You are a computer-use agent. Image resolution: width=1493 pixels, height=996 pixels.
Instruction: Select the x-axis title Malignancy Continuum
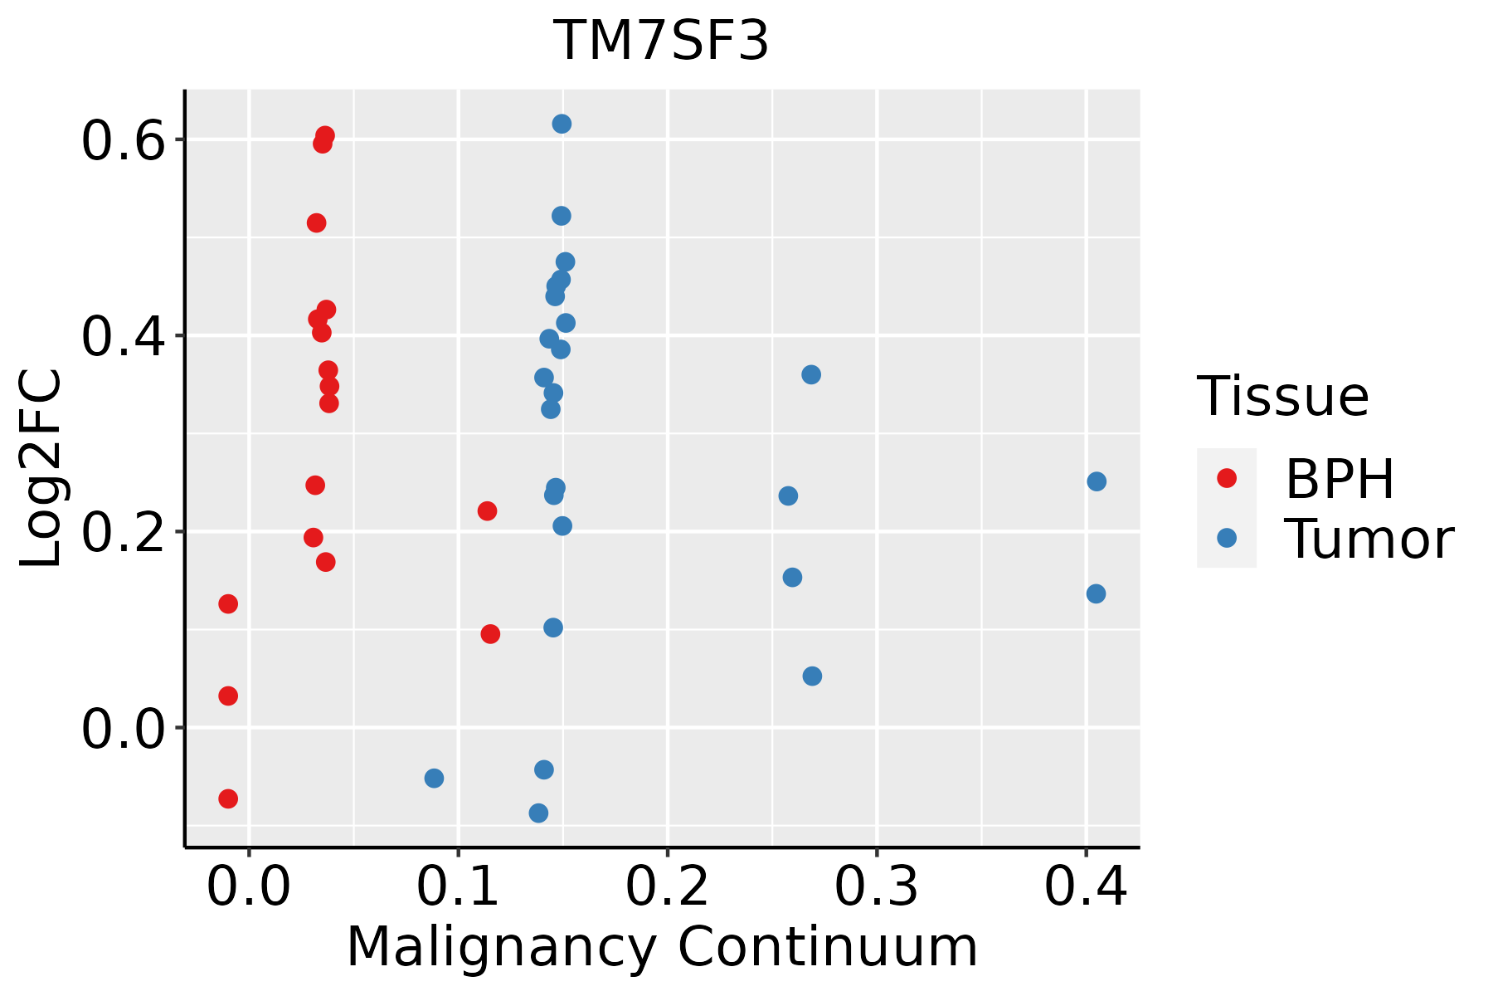coord(661,947)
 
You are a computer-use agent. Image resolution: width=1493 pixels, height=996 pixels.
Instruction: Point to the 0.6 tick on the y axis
coord(120,141)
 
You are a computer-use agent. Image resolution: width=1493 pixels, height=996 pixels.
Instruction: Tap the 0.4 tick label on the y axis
coord(120,337)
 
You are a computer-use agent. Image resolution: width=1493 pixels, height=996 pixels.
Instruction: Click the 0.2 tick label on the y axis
coord(120,533)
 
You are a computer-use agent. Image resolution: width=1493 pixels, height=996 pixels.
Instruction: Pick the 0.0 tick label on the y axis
coord(120,729)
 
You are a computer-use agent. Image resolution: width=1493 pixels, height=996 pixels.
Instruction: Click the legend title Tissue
coord(1283,397)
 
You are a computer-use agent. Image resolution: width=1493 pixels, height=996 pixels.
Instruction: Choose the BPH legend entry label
coord(1340,479)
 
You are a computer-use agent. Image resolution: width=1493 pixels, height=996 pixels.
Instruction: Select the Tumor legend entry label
coord(1369,539)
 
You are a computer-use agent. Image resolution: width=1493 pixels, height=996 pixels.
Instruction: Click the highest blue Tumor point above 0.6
coord(562,124)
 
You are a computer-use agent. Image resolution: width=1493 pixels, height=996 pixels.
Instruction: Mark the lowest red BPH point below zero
coord(228,798)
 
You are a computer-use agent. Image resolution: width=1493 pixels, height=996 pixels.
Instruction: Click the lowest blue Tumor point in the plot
coord(538,813)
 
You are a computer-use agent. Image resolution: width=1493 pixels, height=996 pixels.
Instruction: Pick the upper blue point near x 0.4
coord(1097,481)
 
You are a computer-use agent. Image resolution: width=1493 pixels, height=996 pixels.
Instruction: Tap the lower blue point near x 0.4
coord(1096,593)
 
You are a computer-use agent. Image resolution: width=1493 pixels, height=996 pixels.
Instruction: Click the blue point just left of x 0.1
coord(434,778)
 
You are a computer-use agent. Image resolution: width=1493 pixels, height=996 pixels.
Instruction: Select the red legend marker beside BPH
coord(1226,478)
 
